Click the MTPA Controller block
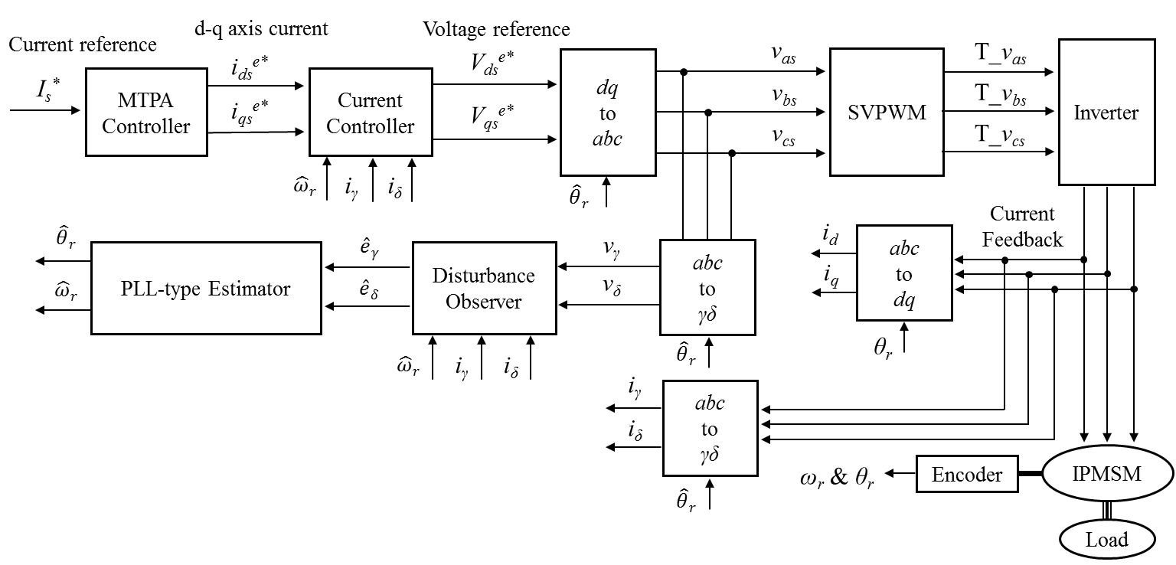[145, 113]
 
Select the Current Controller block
[371, 113]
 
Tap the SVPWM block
[886, 113]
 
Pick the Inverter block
[1106, 113]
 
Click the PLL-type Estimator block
[206, 289]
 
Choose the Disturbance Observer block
[484, 289]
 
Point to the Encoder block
[967, 475]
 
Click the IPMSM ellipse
[1107, 474]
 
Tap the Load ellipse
[1107, 540]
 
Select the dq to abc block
[608, 113]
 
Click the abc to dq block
[904, 273]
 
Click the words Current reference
[83, 44]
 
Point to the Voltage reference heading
[496, 29]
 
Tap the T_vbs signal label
[1000, 97]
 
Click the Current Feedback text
[1022, 227]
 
